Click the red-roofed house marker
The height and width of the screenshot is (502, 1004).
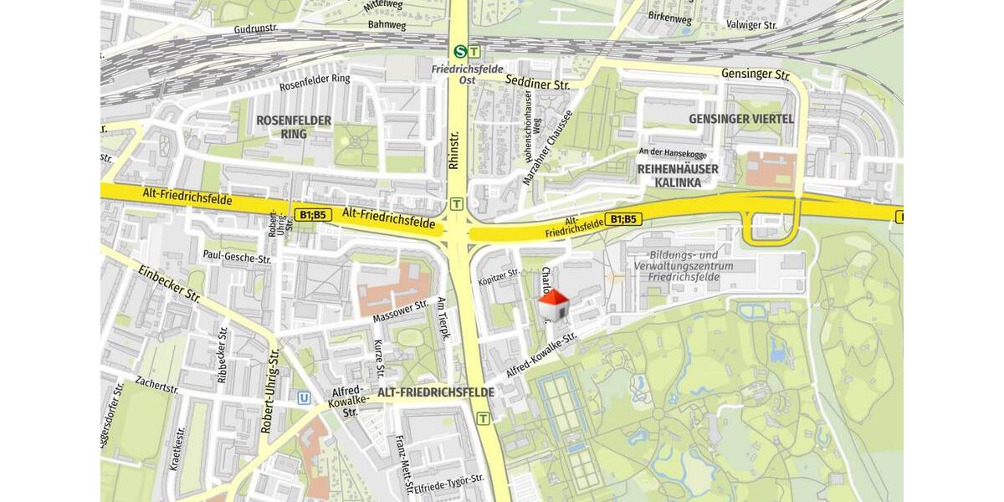click(x=553, y=305)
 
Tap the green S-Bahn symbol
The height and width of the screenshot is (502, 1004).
click(x=459, y=51)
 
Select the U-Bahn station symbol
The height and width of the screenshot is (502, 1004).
click(x=305, y=399)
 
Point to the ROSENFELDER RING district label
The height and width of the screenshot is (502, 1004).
click(x=294, y=127)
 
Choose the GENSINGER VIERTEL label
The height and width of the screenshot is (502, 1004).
click(x=740, y=119)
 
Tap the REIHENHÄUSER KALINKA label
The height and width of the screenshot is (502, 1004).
click(x=678, y=175)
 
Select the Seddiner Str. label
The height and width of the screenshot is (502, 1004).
click(x=538, y=82)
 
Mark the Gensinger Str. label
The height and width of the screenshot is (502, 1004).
click(x=756, y=74)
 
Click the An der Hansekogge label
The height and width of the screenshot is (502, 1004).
click(x=672, y=151)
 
